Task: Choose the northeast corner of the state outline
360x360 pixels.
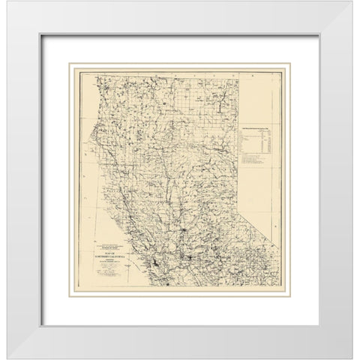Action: (241, 70)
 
